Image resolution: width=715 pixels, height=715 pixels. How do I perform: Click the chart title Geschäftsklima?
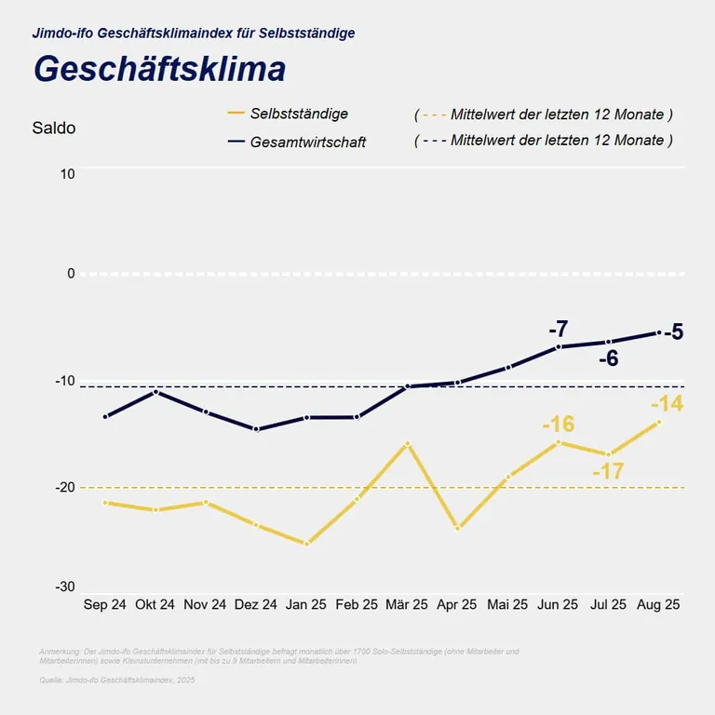point(159,70)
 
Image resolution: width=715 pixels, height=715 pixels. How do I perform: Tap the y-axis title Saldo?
point(53,128)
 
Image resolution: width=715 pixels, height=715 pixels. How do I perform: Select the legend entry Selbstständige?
point(299,114)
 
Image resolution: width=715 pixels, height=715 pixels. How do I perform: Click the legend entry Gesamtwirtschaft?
point(308,142)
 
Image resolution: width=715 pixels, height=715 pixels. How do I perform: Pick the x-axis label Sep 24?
point(104,605)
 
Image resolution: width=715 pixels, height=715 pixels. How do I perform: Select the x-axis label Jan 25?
point(306,605)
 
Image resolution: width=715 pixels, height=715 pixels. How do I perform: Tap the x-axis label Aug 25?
point(658,605)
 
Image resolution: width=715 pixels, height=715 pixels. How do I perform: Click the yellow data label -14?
point(667,404)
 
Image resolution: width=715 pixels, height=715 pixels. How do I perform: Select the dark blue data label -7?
point(558,329)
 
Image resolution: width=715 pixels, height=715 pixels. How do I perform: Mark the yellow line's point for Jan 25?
point(306,544)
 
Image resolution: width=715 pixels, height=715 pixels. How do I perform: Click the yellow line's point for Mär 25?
point(407,443)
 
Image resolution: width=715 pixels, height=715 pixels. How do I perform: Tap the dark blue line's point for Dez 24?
point(256,429)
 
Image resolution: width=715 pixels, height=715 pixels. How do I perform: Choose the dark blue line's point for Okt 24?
point(155,391)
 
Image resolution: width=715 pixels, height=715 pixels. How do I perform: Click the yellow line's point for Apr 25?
point(457,528)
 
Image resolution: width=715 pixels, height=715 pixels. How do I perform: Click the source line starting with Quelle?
point(117,681)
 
